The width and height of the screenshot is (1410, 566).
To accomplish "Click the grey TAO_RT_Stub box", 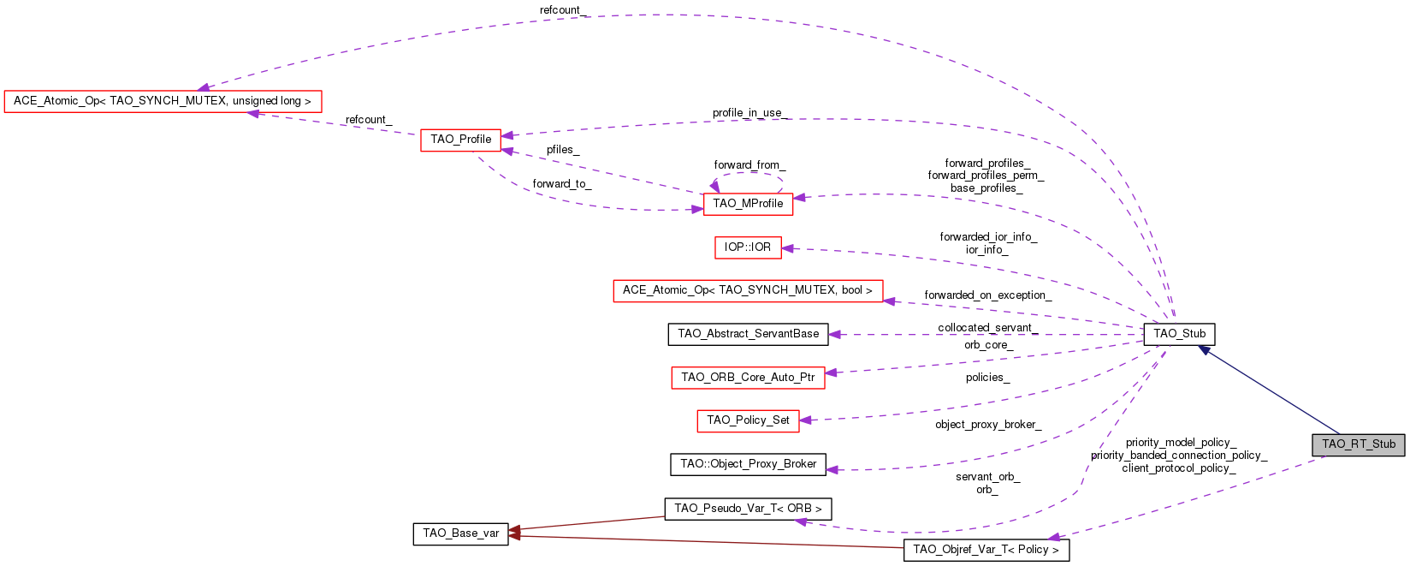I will [1358, 444].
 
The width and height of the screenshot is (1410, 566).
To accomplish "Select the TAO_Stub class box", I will [1179, 334].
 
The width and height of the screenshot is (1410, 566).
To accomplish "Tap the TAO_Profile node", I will [460, 140].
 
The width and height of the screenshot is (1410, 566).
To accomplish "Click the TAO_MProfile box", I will [748, 204].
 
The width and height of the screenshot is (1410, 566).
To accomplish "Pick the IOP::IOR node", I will [747, 247].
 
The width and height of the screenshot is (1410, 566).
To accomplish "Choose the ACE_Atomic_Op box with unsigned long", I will [163, 101].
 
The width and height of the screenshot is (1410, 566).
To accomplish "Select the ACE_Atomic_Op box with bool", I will [747, 290].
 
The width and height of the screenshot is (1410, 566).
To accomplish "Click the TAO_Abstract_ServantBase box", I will [748, 334].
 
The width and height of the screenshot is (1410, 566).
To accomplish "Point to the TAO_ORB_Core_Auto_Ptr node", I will [748, 378].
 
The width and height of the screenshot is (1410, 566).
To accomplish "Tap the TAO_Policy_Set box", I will [748, 420].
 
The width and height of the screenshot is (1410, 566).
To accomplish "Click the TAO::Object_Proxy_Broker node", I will [748, 464].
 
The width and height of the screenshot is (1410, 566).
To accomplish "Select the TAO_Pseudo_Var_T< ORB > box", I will [748, 509].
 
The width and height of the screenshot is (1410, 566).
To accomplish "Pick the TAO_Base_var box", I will [460, 533].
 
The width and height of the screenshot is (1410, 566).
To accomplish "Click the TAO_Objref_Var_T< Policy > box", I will [986, 550].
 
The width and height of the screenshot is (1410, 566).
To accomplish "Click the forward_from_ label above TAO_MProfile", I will [749, 165].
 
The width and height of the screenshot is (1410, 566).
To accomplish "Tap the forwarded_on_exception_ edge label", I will [987, 295].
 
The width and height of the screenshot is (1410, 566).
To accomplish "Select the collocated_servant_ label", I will [987, 328].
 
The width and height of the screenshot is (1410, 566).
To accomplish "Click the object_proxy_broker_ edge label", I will [987, 425].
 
